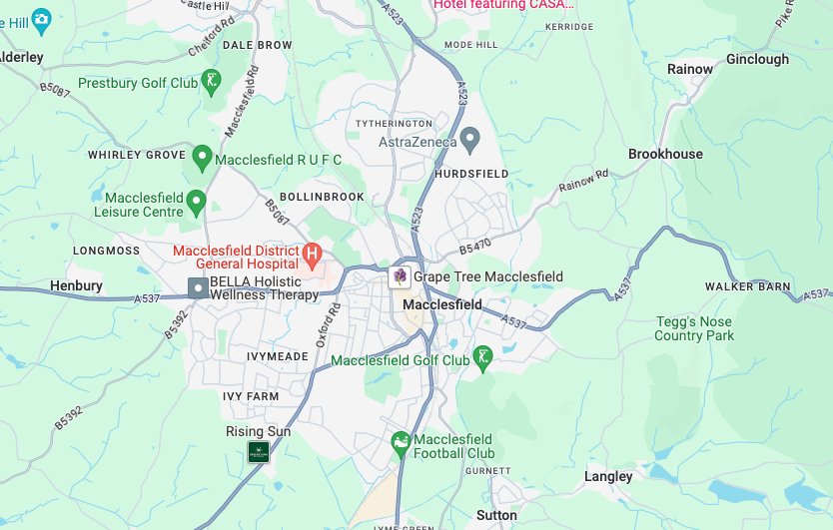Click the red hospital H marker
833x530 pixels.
click(x=312, y=256)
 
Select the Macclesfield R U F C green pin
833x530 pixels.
click(x=203, y=156)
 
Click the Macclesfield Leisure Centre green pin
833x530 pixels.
click(x=197, y=201)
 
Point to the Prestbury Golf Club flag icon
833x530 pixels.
click(x=211, y=80)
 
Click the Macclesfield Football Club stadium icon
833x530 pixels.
click(x=401, y=441)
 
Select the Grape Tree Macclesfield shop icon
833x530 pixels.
click(x=400, y=276)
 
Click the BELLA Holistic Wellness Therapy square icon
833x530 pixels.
click(x=199, y=287)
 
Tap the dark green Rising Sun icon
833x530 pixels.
click(x=259, y=451)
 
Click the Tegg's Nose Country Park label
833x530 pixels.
click(x=693, y=328)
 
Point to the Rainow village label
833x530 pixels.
click(x=690, y=69)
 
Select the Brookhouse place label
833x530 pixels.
click(x=665, y=154)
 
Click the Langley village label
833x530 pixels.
click(x=608, y=476)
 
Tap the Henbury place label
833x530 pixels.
click(x=77, y=285)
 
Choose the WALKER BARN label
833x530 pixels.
click(x=747, y=286)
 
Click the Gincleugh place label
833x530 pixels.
click(x=757, y=59)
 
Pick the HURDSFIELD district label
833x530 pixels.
click(x=471, y=174)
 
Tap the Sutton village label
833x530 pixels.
click(x=496, y=515)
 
